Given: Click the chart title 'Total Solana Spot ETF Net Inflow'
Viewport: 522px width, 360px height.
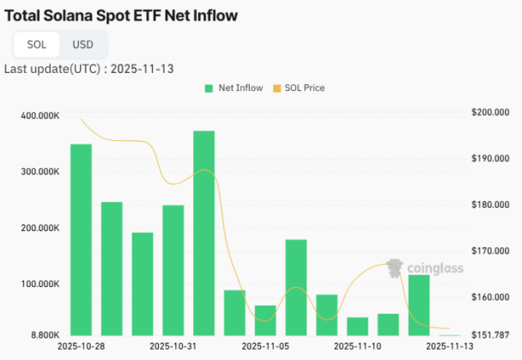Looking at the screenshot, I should [x=121, y=15].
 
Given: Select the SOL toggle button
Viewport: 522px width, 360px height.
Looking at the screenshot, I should [x=37, y=44].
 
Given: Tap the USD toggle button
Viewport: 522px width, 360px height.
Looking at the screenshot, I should [x=83, y=44].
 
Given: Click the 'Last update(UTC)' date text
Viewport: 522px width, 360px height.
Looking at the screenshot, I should [x=89, y=68].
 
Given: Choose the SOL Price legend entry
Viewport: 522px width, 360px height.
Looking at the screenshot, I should [x=298, y=88].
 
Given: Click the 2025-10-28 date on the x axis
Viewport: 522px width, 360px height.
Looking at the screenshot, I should [x=81, y=346].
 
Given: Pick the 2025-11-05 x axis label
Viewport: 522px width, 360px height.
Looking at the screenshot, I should [x=265, y=346].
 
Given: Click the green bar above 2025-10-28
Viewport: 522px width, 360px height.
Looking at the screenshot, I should [x=81, y=240].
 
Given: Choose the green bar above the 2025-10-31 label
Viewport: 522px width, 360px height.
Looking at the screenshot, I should [x=173, y=270].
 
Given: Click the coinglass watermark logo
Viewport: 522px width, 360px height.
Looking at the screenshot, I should [x=425, y=268].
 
